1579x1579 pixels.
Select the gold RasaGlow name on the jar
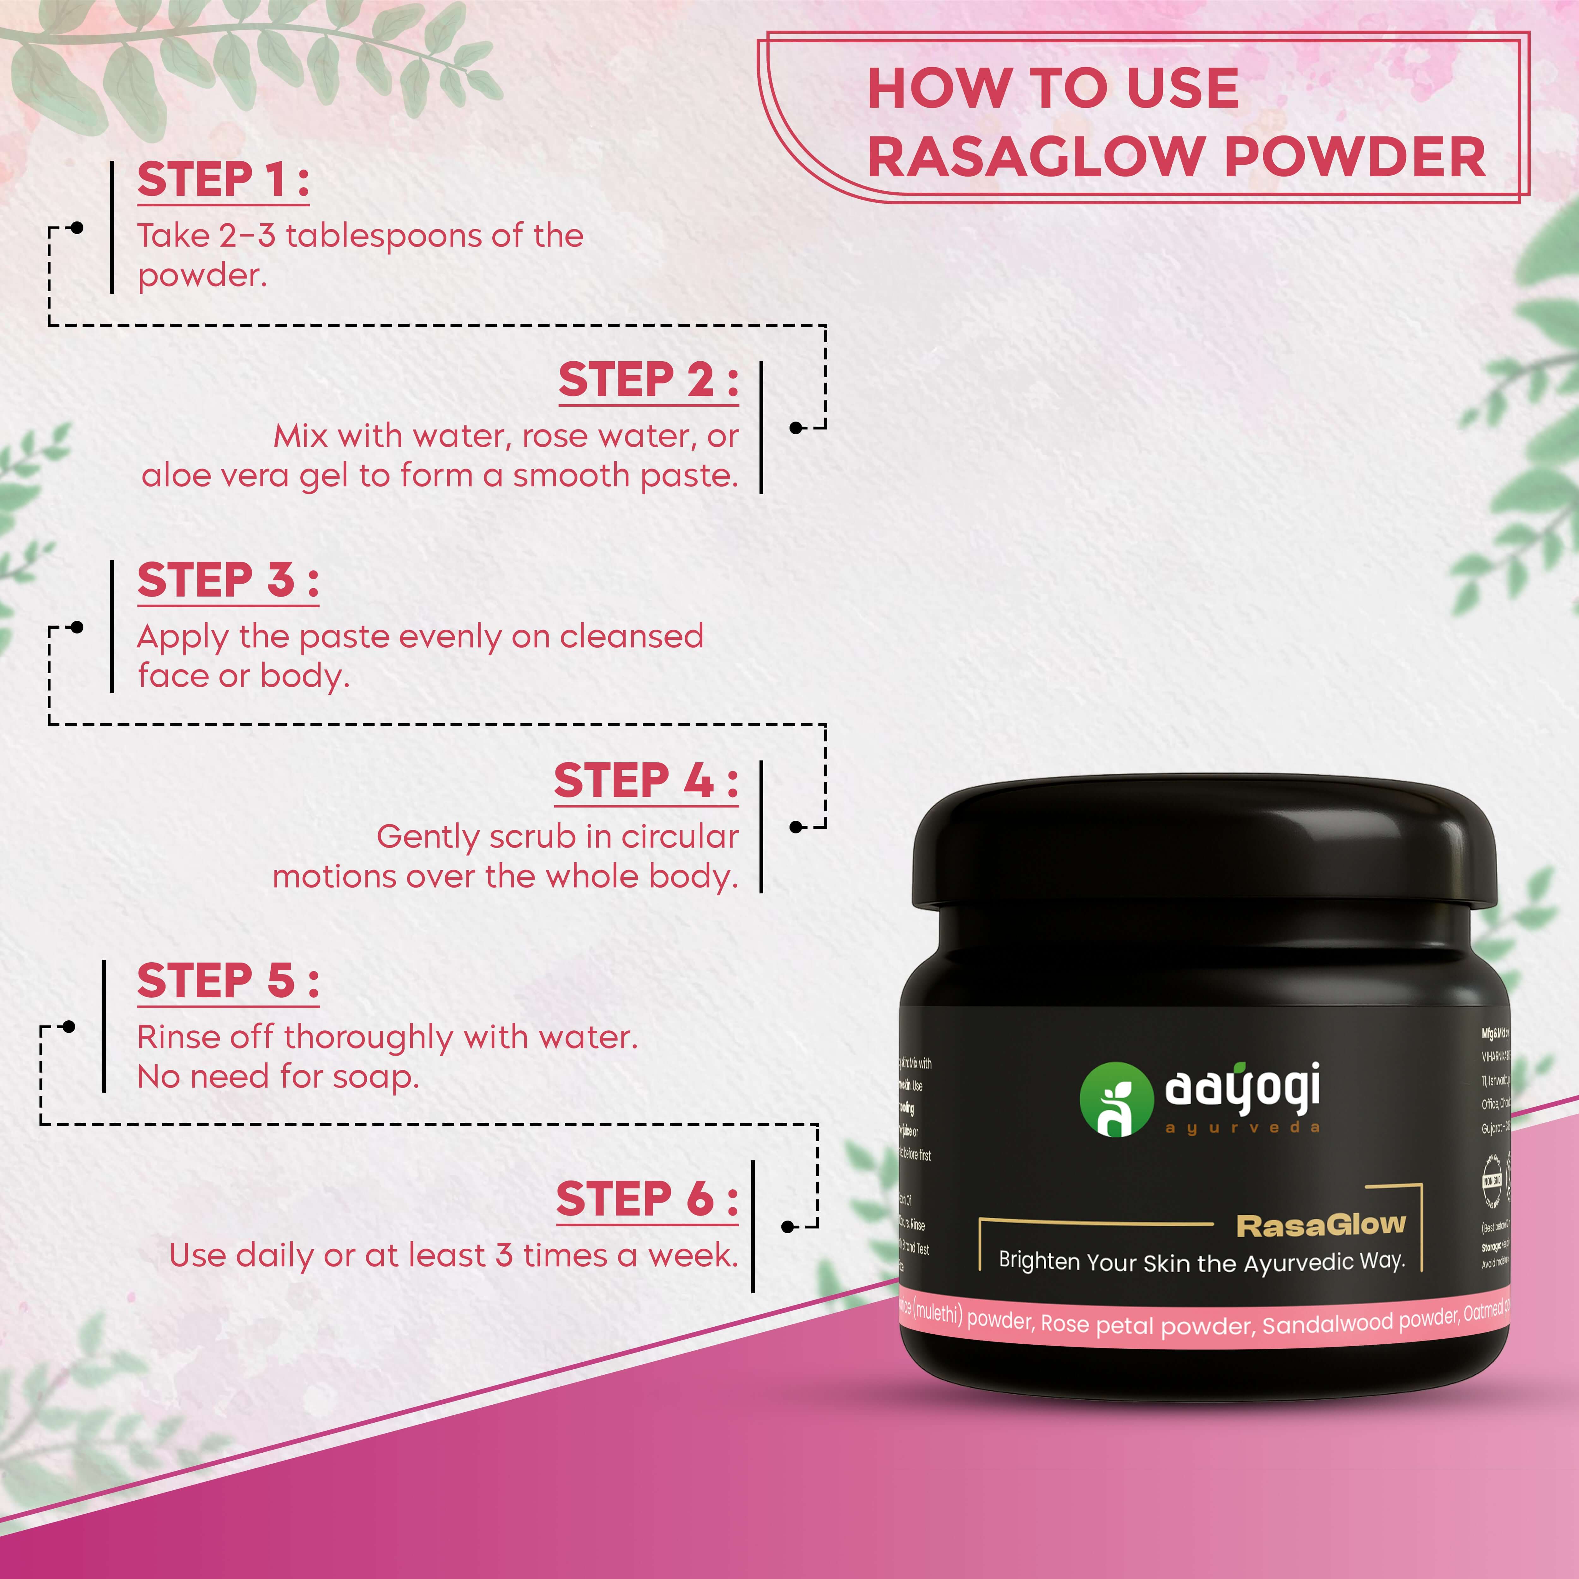pos(1321,1225)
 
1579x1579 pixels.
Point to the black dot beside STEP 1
pos(77,228)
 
